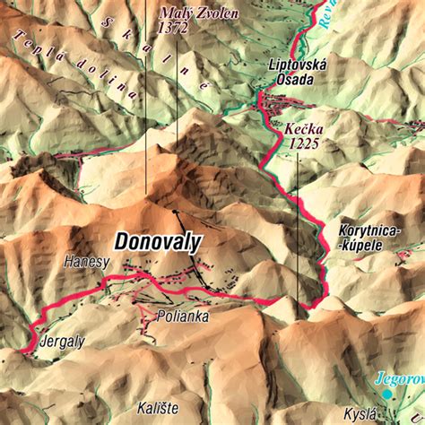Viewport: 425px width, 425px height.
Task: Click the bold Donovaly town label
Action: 158,240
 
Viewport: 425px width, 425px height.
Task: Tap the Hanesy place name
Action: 86,262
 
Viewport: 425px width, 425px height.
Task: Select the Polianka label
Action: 182,317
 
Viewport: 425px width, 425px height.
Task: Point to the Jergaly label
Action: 62,342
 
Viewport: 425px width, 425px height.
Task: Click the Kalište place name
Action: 157,408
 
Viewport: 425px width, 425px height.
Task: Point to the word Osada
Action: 295,80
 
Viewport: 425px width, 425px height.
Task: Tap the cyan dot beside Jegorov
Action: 387,394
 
